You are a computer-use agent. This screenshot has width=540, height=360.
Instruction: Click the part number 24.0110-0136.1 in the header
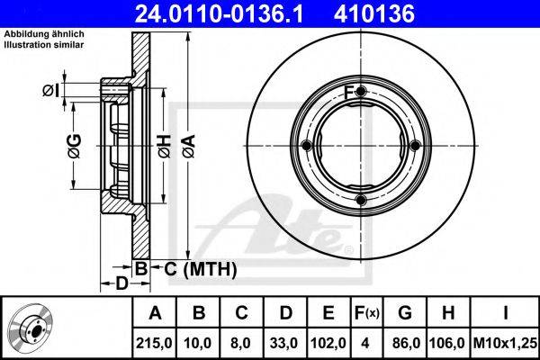click(219, 13)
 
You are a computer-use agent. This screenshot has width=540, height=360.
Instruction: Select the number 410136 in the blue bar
click(374, 13)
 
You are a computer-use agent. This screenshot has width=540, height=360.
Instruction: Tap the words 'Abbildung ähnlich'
click(44, 34)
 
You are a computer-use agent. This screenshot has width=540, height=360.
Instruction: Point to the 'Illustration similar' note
click(44, 45)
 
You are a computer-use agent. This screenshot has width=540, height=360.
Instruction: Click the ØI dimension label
click(50, 91)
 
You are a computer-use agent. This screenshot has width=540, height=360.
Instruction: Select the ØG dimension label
click(75, 146)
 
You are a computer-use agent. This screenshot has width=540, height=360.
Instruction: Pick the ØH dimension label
click(165, 147)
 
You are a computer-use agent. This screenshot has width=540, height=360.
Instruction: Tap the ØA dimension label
click(189, 147)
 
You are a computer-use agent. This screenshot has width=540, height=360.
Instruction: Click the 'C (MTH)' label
click(201, 269)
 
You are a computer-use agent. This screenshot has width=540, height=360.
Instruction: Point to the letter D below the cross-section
click(121, 283)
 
